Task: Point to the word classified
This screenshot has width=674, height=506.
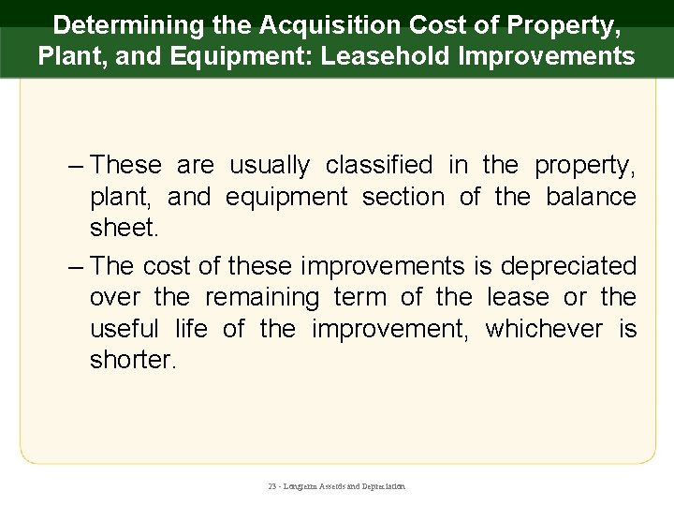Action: (x=379, y=166)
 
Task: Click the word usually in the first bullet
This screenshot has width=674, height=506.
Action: (x=270, y=166)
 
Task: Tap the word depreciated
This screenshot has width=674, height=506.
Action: (x=568, y=266)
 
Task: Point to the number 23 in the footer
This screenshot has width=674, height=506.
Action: (x=271, y=487)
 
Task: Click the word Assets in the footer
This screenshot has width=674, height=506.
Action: (x=334, y=487)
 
